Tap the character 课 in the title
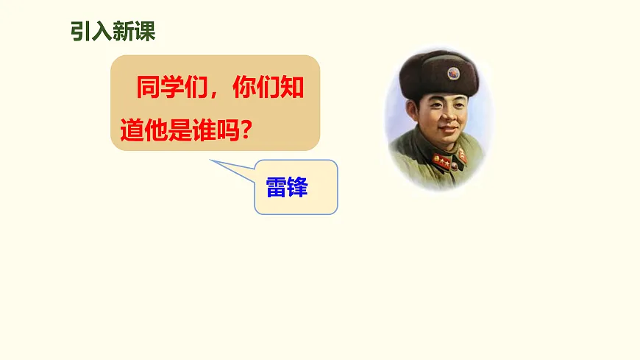click(145, 32)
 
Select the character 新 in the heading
click(124, 32)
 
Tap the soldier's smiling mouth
click(449, 130)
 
